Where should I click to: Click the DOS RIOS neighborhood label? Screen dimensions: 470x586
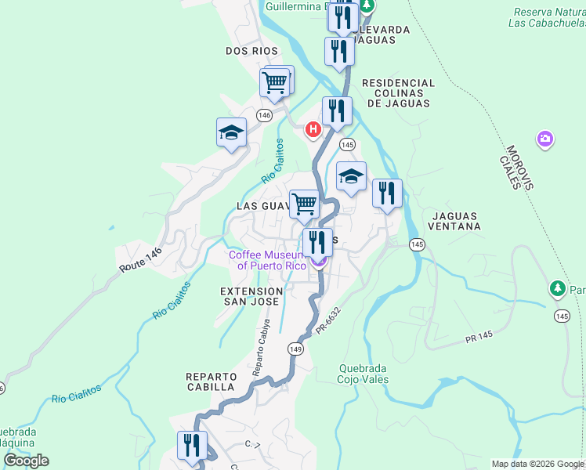click(x=251, y=51)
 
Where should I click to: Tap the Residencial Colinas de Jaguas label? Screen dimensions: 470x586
click(x=398, y=92)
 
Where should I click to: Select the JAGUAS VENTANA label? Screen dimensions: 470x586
click(x=454, y=219)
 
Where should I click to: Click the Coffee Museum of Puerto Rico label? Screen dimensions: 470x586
click(x=267, y=259)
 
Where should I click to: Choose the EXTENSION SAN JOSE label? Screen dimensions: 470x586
click(x=251, y=295)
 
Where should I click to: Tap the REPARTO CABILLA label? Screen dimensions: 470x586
click(x=211, y=381)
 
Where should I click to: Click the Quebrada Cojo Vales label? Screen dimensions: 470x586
click(x=364, y=374)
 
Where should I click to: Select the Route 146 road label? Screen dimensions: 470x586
click(x=140, y=260)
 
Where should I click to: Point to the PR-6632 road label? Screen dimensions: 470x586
click(x=329, y=322)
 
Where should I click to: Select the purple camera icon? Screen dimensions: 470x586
click(x=545, y=139)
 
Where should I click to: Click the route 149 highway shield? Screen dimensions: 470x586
click(x=295, y=349)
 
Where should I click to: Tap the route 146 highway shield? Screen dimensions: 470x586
click(x=264, y=115)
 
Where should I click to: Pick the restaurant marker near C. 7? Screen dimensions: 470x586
click(x=192, y=446)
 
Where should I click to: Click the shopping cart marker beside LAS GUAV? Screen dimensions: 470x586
click(x=304, y=204)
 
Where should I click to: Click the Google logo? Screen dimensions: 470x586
click(x=26, y=461)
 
